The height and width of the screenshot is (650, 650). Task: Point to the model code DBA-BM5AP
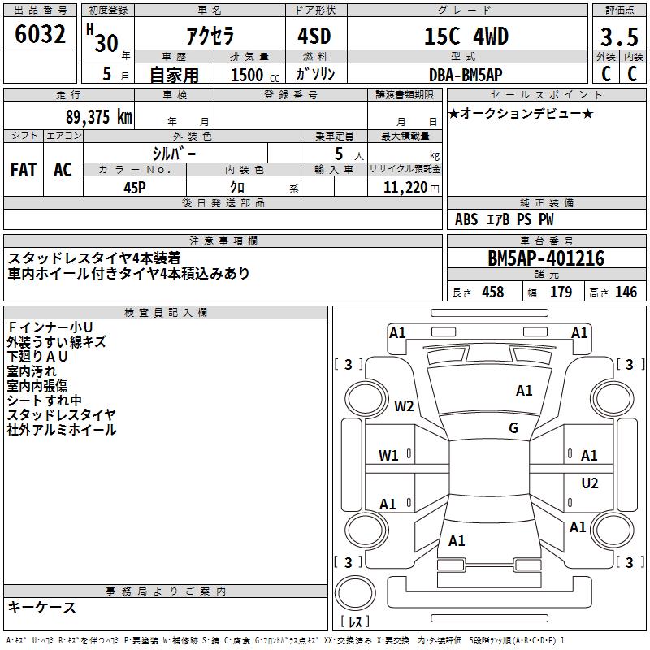pos(466,75)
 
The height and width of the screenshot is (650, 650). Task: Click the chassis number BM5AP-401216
pos(546,259)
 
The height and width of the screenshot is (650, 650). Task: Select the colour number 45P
pos(135,188)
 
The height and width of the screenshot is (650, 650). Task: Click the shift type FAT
pos(24,170)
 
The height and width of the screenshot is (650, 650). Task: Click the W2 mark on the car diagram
pos(404,406)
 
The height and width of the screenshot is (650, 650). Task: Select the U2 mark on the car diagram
pos(590,483)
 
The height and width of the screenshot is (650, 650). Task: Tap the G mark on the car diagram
pos(513,428)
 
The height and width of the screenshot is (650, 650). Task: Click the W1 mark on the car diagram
pos(389,455)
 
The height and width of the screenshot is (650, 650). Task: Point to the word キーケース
pos(41,607)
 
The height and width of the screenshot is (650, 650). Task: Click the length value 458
pos(492,292)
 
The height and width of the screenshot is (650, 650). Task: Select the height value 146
pos(626,292)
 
